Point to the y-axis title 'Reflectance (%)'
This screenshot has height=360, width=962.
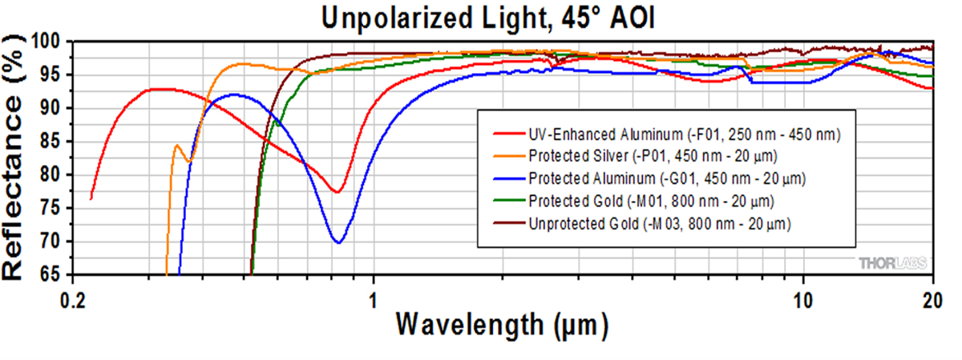(x=18, y=157)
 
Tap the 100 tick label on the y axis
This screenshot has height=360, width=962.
(x=46, y=42)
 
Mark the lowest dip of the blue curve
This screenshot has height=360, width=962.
(x=338, y=242)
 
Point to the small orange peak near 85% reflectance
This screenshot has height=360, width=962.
(x=176, y=145)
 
